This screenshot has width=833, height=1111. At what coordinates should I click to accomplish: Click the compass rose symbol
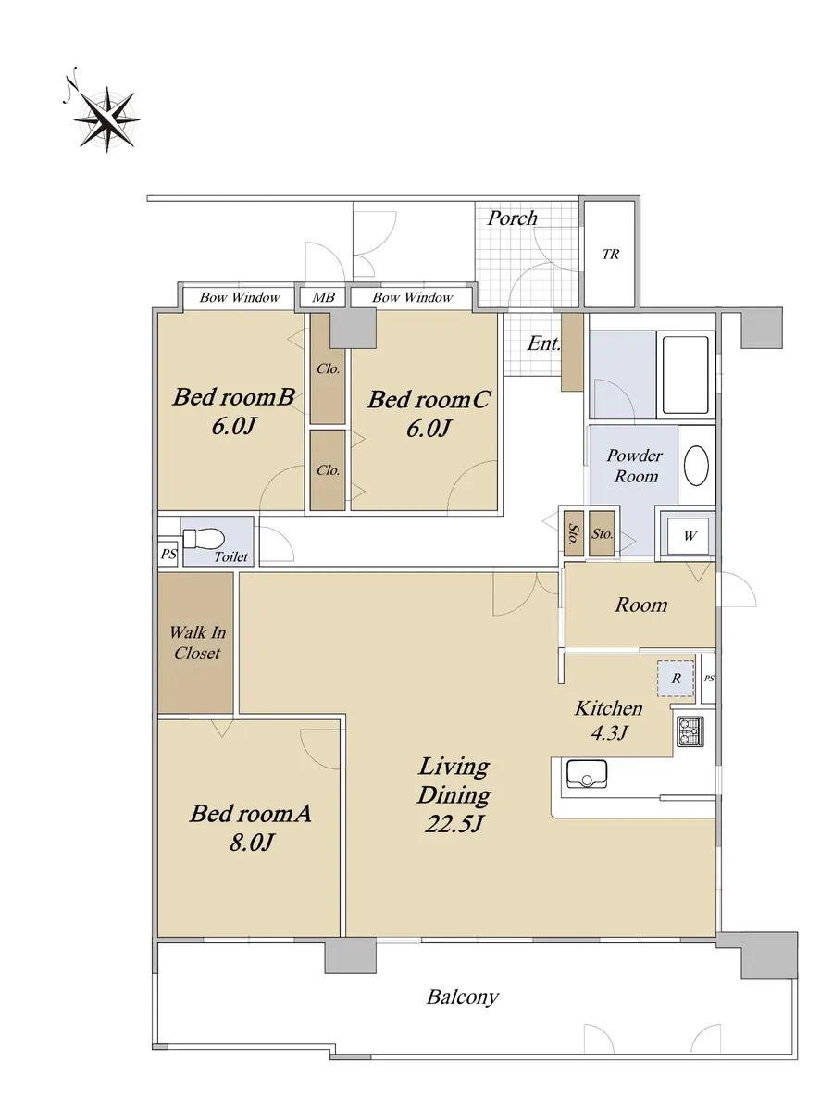click(106, 119)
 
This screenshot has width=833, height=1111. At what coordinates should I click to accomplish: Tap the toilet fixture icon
click(204, 538)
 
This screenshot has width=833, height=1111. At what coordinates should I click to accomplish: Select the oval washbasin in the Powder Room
click(696, 466)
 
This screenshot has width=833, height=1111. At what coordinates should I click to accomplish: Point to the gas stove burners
click(690, 732)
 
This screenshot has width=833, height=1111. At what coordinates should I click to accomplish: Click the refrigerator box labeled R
click(676, 679)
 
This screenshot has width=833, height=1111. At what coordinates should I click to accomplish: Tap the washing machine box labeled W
click(689, 536)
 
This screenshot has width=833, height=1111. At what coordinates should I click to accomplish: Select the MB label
click(323, 297)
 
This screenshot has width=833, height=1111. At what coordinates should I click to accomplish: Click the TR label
click(611, 254)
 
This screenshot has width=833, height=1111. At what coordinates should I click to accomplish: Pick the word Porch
click(513, 218)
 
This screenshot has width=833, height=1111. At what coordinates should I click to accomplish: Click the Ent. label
click(543, 343)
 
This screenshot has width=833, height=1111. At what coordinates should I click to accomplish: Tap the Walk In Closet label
click(197, 643)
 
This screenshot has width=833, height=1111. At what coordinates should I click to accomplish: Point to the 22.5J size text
click(454, 824)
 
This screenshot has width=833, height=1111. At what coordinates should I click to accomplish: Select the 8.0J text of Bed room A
click(252, 843)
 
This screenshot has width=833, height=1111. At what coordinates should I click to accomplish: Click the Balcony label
click(462, 997)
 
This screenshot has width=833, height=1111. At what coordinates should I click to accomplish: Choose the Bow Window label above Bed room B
click(240, 297)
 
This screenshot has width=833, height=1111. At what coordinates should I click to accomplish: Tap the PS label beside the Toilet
click(168, 555)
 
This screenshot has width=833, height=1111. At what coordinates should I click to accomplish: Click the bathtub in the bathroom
click(685, 375)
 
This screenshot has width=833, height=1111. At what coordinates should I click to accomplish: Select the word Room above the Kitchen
click(641, 605)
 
